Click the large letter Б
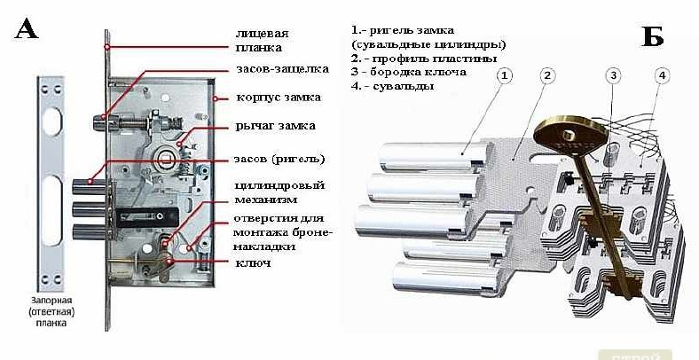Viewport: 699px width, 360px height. pyautogui.click(x=652, y=36)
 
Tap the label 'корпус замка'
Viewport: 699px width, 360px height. pyautogui.click(x=278, y=97)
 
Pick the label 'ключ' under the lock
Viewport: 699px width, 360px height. pyautogui.click(x=253, y=263)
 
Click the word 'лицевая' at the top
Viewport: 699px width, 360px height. pyautogui.click(x=263, y=32)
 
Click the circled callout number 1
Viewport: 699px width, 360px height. pyautogui.click(x=504, y=76)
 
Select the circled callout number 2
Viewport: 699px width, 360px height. pyautogui.click(x=548, y=76)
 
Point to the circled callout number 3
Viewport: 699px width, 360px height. pyautogui.click(x=613, y=76)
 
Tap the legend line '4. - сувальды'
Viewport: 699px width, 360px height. pyautogui.click(x=392, y=87)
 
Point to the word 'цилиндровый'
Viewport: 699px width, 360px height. pyautogui.click(x=279, y=185)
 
